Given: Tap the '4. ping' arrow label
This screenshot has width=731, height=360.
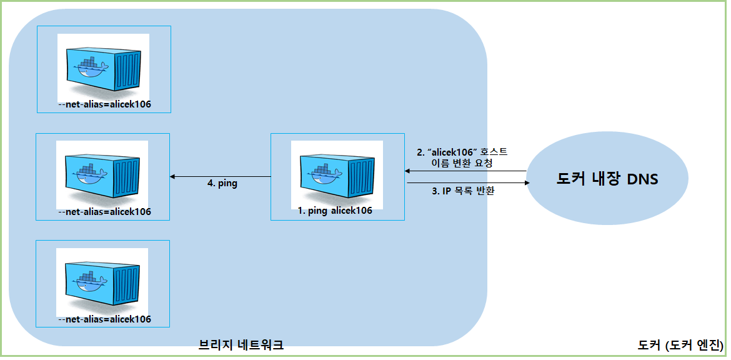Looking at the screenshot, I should click(222, 184).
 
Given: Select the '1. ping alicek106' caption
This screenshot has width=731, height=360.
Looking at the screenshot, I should click(335, 211).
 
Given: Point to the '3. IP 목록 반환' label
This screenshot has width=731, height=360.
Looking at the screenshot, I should click(463, 192).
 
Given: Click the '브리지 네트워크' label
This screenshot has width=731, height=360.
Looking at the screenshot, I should click(241, 344).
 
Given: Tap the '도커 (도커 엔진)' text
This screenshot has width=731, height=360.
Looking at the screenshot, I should click(680, 344).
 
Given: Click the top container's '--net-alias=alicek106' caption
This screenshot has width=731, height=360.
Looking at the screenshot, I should click(104, 104).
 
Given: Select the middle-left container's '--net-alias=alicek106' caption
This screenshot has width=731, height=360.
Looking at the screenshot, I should click(104, 212).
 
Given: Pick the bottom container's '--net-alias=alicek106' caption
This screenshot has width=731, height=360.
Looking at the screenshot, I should click(104, 319).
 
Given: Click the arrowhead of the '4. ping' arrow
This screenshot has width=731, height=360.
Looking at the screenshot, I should click(173, 177).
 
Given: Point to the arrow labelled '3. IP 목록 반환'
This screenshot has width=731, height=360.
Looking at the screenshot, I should click(465, 183).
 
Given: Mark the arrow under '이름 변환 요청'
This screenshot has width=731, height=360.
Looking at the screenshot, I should click(465, 171).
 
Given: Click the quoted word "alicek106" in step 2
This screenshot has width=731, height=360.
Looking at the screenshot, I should click(450, 152).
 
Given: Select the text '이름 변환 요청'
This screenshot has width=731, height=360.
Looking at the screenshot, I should click(462, 163).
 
